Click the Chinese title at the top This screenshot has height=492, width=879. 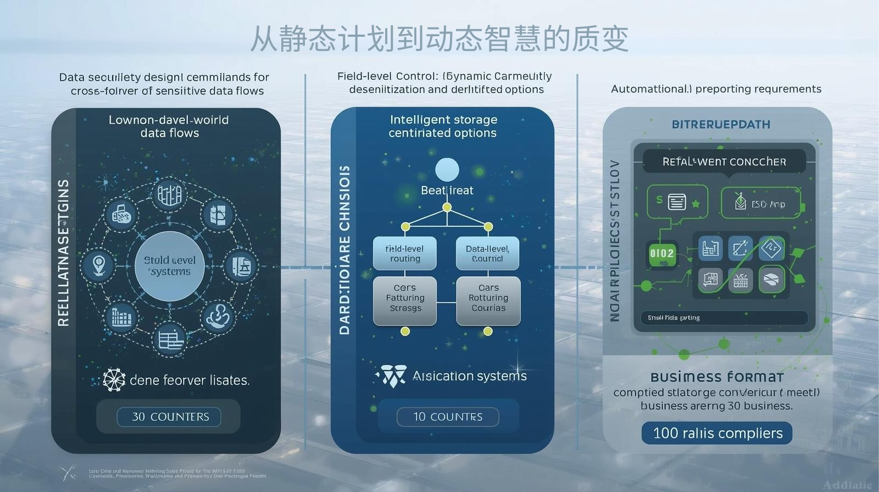click(x=439, y=38)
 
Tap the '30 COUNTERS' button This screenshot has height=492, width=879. click(x=169, y=417)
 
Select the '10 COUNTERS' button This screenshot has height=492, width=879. click(x=448, y=417)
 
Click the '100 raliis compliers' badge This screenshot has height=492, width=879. click(x=717, y=433)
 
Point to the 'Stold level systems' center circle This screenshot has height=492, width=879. click(x=170, y=266)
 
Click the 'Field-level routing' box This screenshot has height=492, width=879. click(x=405, y=254)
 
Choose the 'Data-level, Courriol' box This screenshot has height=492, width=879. click(x=487, y=254)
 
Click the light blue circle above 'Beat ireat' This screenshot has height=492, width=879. click(x=447, y=170)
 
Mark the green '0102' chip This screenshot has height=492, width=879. click(x=662, y=254)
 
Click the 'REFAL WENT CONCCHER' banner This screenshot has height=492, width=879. click(x=724, y=162)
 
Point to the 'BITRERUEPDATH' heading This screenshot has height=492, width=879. click(x=721, y=125)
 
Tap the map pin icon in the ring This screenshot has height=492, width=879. click(x=99, y=266)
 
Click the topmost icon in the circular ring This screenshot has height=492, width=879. click(x=170, y=194)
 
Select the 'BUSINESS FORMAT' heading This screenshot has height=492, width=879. click(x=717, y=377)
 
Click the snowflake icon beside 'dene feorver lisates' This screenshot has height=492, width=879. click(x=114, y=380)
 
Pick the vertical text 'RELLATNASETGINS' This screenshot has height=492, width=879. click(x=64, y=253)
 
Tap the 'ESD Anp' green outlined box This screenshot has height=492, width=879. click(x=760, y=203)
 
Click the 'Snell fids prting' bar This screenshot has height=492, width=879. click(x=724, y=318)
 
